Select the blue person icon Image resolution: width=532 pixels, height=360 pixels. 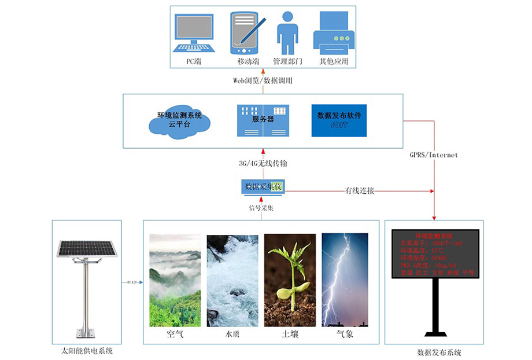pyautogui.click(x=287, y=32)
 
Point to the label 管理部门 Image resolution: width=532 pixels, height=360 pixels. pyautogui.click(x=287, y=61)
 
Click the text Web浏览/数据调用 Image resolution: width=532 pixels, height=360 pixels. pyautogui.click(x=263, y=80)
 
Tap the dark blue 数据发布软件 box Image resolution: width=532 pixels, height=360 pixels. pyautogui.click(x=339, y=120)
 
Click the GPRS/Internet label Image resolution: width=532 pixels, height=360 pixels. pyautogui.click(x=433, y=155)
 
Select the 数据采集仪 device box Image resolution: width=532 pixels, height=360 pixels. pyautogui.click(x=264, y=186)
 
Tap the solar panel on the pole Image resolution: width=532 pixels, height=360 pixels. pyautogui.click(x=87, y=248)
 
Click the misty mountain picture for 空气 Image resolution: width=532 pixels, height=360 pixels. pyautogui.click(x=175, y=280)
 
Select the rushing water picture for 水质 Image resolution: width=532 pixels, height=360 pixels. pyautogui.click(x=232, y=280)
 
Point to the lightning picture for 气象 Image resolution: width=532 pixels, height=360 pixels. pyautogui.click(x=345, y=280)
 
